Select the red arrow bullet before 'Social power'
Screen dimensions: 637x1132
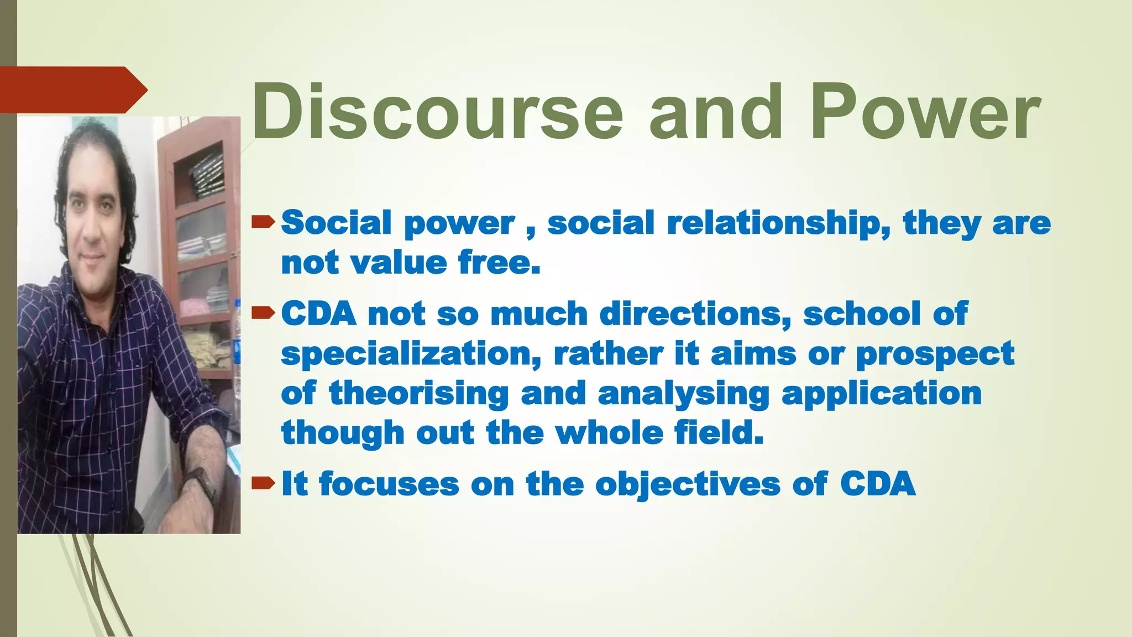263,222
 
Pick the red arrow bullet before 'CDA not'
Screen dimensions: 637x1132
263,314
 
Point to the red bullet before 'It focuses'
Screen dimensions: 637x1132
263,484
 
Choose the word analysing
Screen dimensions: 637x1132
683,394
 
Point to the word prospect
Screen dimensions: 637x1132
935,354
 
